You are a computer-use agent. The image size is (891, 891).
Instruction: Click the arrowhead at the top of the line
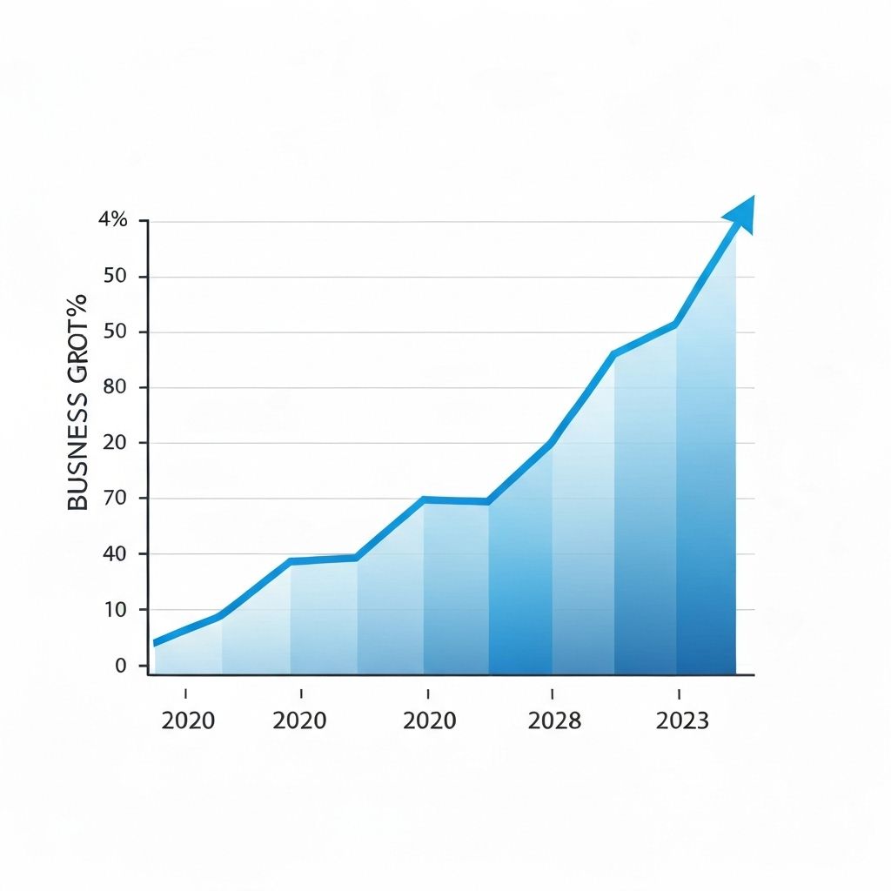[x=740, y=214]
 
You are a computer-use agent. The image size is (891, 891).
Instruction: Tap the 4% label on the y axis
[x=113, y=220]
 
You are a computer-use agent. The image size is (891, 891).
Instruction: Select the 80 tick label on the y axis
[x=116, y=387]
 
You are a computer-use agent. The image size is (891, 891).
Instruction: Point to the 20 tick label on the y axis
[x=116, y=443]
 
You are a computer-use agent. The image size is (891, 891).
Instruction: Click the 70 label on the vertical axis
[x=116, y=499]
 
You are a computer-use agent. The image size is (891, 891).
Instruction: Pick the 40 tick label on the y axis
[x=116, y=554]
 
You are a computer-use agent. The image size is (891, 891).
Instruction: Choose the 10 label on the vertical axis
[x=116, y=610]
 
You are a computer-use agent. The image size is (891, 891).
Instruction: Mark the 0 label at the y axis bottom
[x=120, y=666]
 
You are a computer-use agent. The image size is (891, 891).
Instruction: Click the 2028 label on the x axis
[x=554, y=721]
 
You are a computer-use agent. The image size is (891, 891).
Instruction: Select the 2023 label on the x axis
[x=682, y=721]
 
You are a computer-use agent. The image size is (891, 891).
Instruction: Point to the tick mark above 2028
[x=553, y=693]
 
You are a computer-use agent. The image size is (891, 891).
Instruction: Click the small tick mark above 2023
[x=679, y=693]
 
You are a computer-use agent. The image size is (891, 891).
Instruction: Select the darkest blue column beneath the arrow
[x=706, y=522]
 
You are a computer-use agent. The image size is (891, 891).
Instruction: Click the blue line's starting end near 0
[x=157, y=642]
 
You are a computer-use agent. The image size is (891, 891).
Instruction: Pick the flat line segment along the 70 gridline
[x=456, y=500]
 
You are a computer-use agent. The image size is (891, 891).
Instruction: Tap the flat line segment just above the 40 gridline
[x=324, y=559]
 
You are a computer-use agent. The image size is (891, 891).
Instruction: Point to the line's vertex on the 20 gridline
[x=551, y=444]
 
